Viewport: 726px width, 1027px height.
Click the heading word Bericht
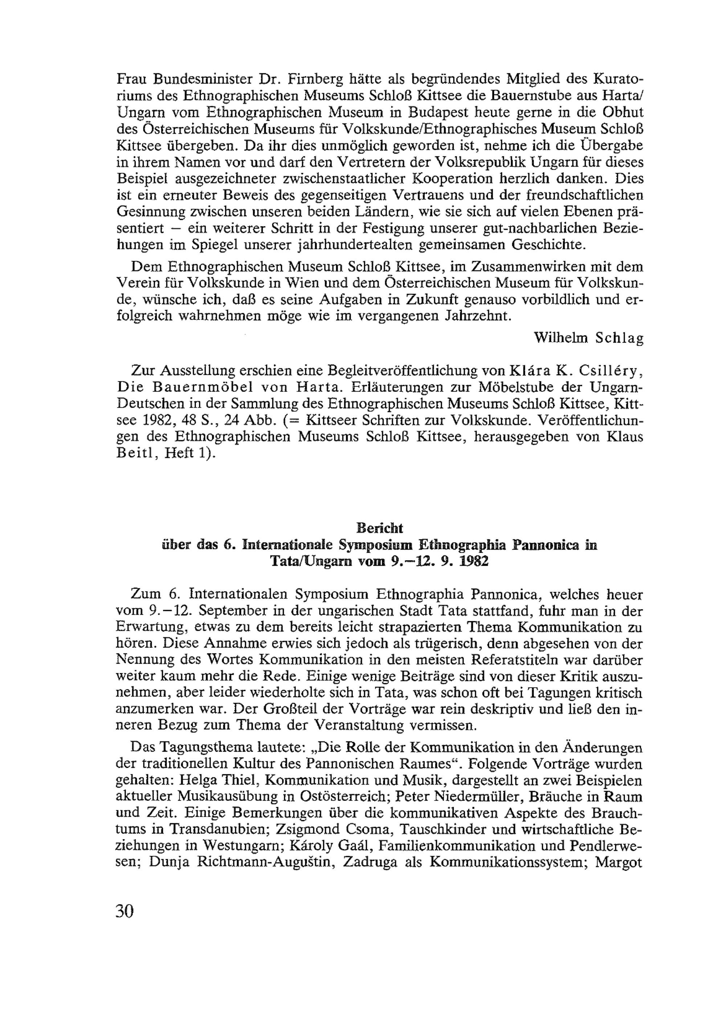coord(379,528)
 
